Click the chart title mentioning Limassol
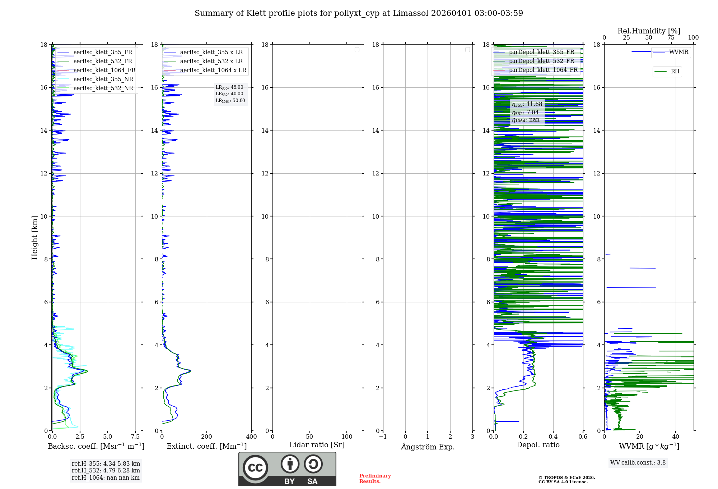point(359,13)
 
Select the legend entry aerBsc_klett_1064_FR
point(104,70)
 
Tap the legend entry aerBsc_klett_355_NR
point(103,79)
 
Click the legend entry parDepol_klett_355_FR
point(541,52)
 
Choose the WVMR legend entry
point(678,52)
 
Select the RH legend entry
point(675,72)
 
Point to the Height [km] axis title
point(34,237)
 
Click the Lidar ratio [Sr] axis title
point(317,445)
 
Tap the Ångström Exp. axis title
point(428,447)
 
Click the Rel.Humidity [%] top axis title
point(649,31)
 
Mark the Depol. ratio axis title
point(538,445)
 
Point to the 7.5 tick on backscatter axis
point(135,437)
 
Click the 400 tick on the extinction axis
point(251,437)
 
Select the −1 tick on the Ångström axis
point(383,437)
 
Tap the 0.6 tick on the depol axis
point(583,437)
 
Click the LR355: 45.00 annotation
point(229,87)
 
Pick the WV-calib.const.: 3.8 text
point(638,463)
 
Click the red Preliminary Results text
point(375,478)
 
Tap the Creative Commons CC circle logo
point(255,468)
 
